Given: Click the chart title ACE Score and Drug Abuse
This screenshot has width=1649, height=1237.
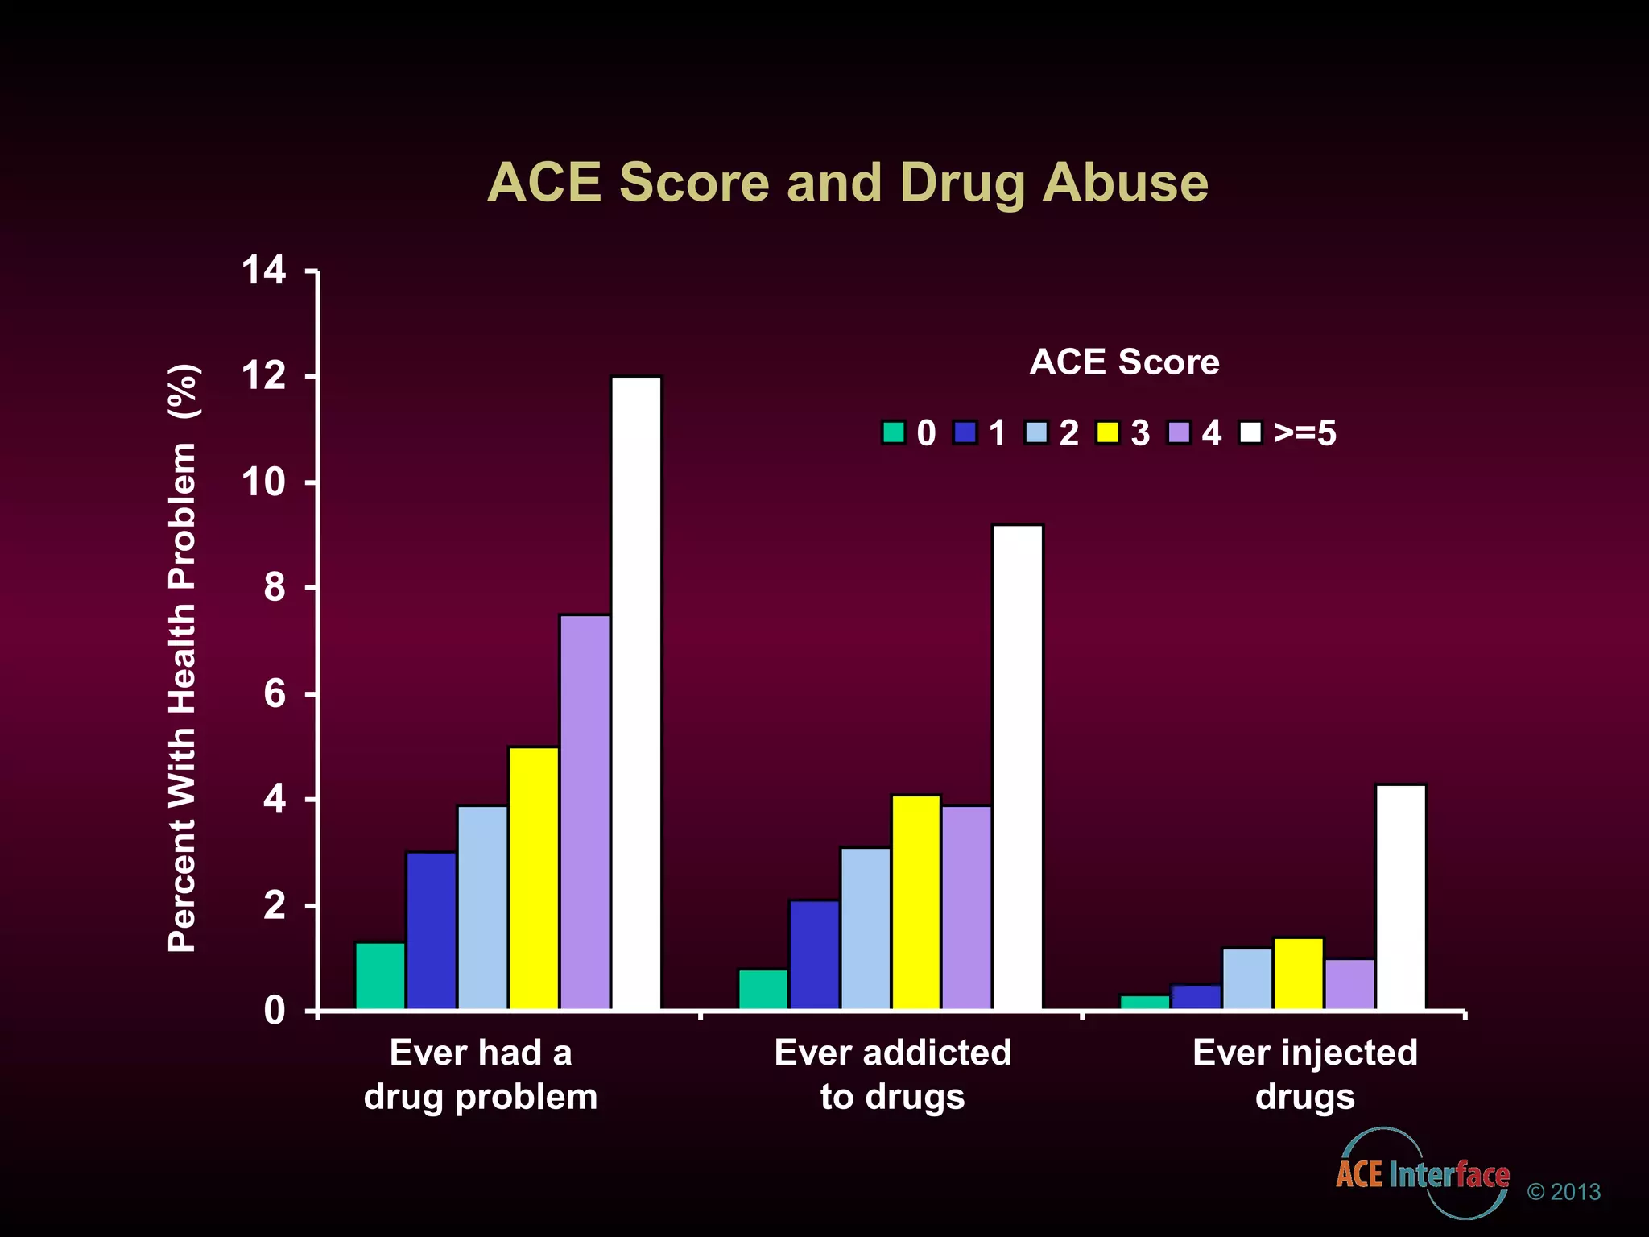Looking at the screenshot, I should pos(848,183).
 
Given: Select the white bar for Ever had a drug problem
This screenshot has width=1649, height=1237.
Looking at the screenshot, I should pos(636,693).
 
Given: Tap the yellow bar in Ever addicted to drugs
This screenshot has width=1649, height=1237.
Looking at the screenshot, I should pos(916,902).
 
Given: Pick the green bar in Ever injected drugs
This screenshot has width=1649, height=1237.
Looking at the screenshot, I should pos(1145,1003).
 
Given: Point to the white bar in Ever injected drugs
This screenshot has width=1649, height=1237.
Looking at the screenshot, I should pos(1401,897).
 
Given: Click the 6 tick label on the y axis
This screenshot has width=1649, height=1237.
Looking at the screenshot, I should pos(275,694).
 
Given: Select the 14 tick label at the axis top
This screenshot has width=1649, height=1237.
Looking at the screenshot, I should pos(263,271).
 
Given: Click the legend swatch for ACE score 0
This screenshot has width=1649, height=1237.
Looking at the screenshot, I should pos(893,432).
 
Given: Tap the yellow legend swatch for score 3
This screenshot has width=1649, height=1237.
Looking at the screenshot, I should pos(1108,432).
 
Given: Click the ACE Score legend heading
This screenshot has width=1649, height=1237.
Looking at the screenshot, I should pos(1124,362).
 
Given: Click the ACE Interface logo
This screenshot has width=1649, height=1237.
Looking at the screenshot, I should pos(1422,1174).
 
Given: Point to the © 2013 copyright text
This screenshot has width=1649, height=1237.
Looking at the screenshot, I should pos(1564,1192).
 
